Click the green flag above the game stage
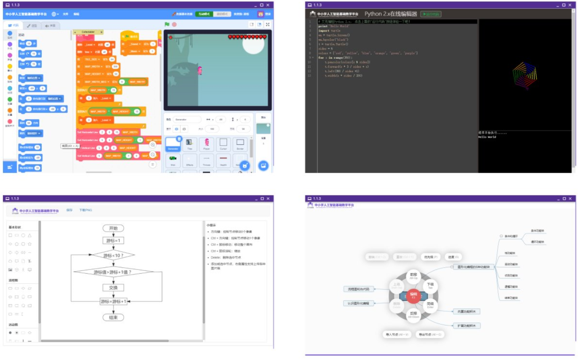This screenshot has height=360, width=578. click(167, 24)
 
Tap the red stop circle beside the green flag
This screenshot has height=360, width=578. click(174, 24)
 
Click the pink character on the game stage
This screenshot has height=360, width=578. click(200, 70)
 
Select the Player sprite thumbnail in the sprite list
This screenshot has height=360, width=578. click(206, 144)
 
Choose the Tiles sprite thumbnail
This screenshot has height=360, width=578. click(189, 144)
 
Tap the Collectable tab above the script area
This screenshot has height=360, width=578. click(88, 32)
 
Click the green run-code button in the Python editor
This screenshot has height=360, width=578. click(431, 14)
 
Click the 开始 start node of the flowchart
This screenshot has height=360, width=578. click(113, 228)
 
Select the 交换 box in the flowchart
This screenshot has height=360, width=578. click(113, 288)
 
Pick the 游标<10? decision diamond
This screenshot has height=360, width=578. click(113, 255)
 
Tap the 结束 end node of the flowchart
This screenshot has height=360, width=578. click(113, 317)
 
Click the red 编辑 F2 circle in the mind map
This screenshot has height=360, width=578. click(413, 296)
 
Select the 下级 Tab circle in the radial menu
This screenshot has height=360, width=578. click(431, 286)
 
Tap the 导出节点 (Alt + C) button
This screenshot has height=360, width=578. click(430, 334)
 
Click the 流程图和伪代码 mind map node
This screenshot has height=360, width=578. click(358, 289)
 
